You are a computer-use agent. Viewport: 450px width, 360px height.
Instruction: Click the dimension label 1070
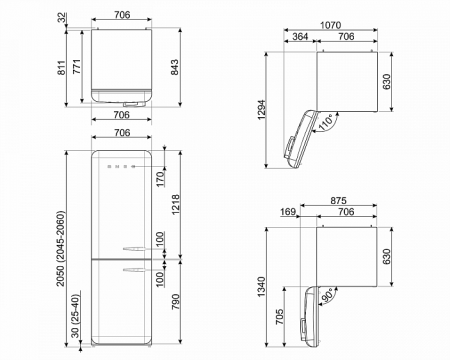(x=330, y=25)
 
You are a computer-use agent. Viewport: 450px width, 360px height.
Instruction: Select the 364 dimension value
(x=300, y=36)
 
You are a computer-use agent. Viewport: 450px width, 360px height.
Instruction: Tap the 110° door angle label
(x=326, y=122)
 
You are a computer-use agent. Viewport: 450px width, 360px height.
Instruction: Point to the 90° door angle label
(x=327, y=296)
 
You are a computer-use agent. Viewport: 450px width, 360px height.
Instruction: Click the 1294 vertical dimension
(x=262, y=110)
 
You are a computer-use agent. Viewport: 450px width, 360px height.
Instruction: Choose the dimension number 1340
(x=262, y=287)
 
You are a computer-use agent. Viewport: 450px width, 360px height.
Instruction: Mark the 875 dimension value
(x=338, y=200)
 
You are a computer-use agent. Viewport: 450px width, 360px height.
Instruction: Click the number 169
(x=288, y=212)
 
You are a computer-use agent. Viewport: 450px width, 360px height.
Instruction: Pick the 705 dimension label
(x=280, y=317)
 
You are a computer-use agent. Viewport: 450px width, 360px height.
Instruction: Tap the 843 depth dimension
(x=175, y=67)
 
